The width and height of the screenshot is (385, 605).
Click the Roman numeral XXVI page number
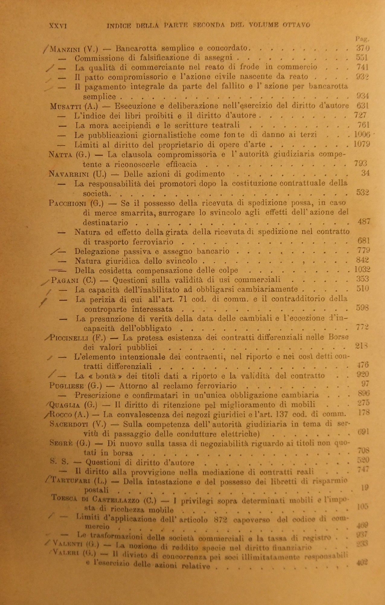coord(57,26)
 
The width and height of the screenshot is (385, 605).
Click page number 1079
coord(362,144)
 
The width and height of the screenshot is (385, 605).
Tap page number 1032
coord(362,270)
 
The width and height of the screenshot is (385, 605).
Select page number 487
coord(364,221)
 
